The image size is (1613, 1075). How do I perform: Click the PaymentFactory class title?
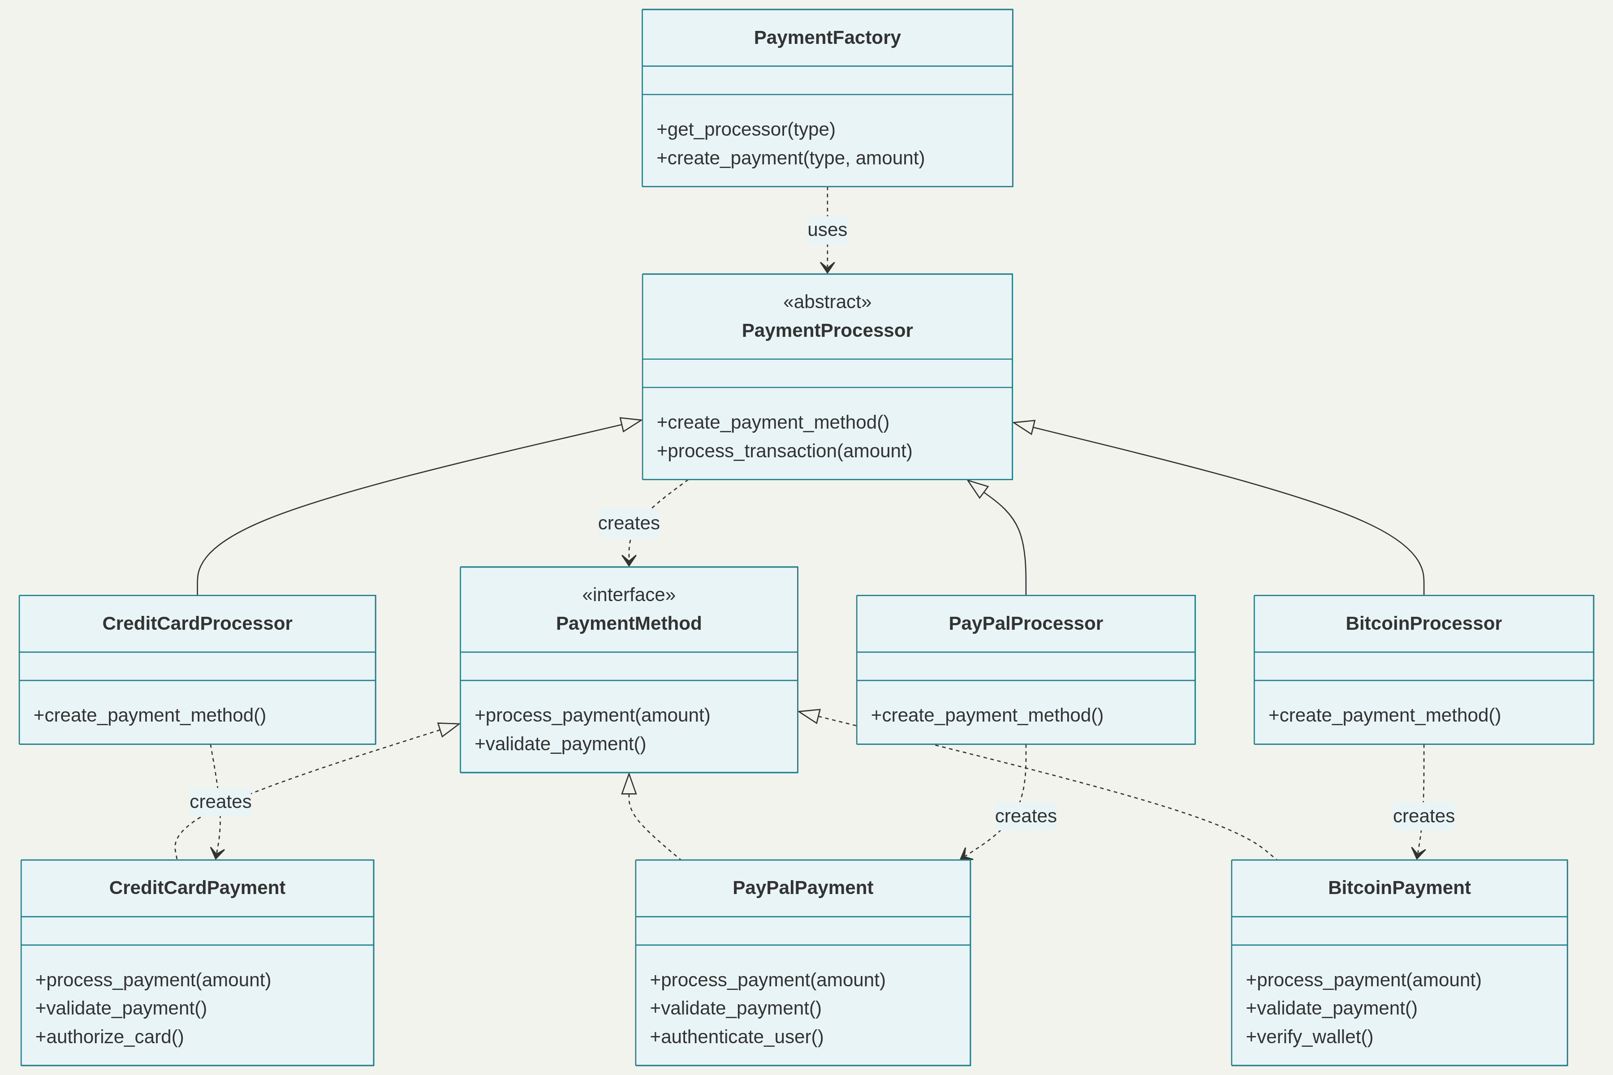point(827,38)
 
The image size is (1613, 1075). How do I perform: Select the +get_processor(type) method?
point(746,129)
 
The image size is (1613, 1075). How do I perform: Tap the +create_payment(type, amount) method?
point(790,159)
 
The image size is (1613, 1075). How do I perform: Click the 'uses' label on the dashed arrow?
point(827,230)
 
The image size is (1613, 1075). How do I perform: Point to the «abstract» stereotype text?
point(827,301)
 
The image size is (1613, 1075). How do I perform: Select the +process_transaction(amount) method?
point(784,451)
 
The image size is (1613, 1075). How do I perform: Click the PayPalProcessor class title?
point(1025,623)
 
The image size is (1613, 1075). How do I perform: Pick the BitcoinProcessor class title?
point(1423,623)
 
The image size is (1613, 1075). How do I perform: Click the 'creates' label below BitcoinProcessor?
point(1423,816)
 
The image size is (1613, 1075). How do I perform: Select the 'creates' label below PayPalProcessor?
point(1025,816)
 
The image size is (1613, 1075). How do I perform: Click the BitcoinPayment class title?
point(1399,888)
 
